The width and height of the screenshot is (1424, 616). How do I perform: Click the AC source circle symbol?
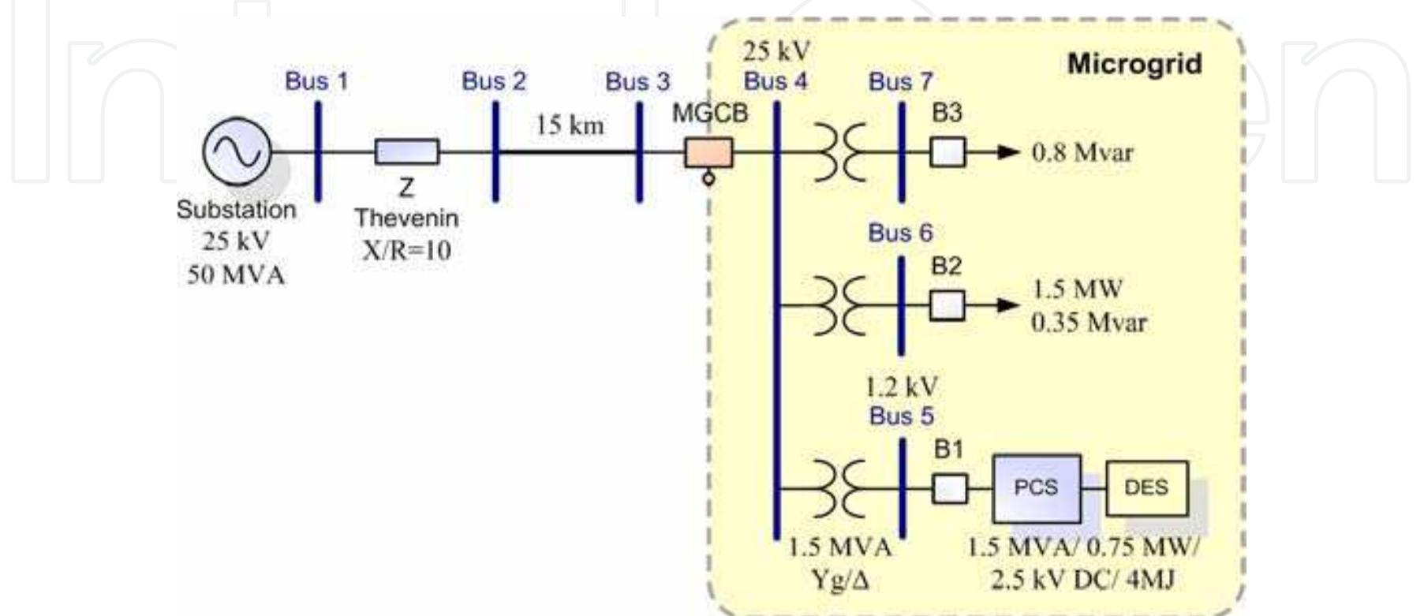237,151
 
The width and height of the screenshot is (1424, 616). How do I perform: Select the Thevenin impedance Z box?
406,151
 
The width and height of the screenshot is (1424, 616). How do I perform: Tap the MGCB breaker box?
708,152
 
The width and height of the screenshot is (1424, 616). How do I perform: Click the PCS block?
1036,487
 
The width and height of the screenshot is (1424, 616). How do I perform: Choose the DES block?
1146,487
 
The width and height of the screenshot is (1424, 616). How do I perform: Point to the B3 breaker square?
947,151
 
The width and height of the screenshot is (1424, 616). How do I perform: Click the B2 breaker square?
947,305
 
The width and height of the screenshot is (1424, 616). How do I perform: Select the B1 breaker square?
949,488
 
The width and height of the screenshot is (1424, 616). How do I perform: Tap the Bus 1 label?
316,81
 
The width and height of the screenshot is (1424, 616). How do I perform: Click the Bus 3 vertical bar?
639,151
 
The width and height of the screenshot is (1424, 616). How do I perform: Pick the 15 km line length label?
570,125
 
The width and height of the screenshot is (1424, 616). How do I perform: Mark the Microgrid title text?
1134,64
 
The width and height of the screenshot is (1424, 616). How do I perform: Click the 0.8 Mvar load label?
1082,152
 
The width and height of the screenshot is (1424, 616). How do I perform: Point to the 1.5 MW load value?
1077,289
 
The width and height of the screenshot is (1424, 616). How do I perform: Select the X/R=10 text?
406,251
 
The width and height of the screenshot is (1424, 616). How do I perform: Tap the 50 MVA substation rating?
236,274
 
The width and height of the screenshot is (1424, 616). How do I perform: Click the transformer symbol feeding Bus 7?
839,151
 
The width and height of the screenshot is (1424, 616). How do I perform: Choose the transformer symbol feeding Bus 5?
839,487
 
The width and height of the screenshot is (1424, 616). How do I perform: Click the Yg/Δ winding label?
839,581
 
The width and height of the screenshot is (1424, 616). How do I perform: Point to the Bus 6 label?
900,233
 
